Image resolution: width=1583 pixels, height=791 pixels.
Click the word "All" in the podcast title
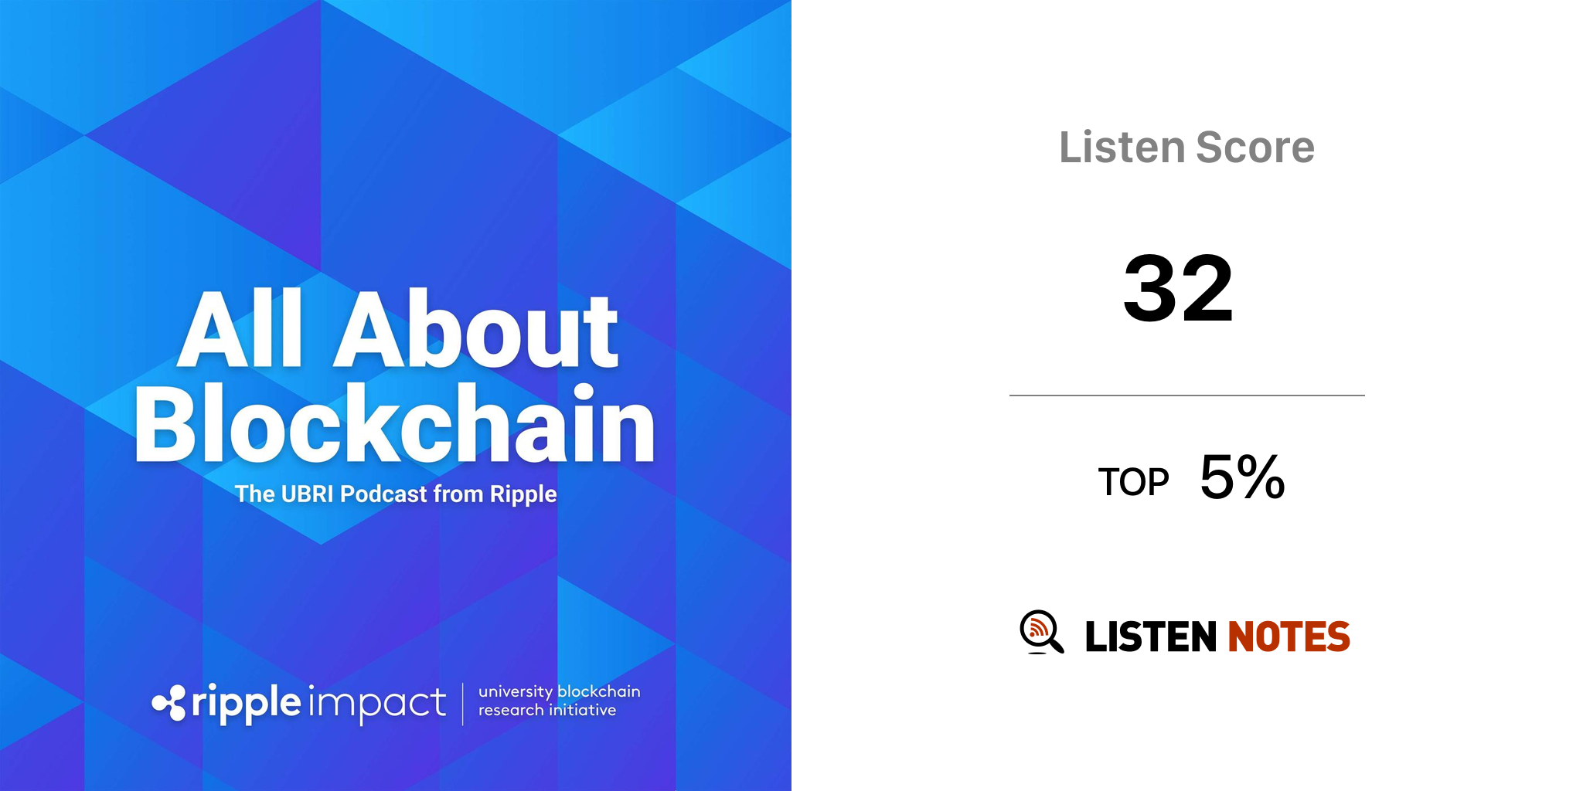pyautogui.click(x=240, y=330)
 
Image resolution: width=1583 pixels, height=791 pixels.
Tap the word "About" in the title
pyautogui.click(x=475, y=330)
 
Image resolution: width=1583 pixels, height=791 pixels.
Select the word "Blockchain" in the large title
pyautogui.click(x=395, y=424)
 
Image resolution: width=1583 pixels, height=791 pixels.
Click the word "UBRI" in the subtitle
pyautogui.click(x=307, y=494)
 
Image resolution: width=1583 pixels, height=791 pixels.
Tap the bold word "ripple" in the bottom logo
pyautogui.click(x=246, y=704)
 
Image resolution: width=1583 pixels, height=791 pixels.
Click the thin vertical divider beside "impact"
pyautogui.click(x=463, y=704)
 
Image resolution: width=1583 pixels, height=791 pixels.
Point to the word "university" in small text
pyautogui.click(x=516, y=692)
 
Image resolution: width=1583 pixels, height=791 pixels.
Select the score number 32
pyautogui.click(x=1178, y=288)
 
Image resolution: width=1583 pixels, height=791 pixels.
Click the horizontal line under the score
pyautogui.click(x=1187, y=395)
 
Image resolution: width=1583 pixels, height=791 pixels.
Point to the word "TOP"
pyautogui.click(x=1133, y=482)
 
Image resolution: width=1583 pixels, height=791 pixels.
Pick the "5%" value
pyautogui.click(x=1242, y=477)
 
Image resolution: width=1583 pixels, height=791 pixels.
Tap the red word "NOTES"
pyautogui.click(x=1289, y=637)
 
